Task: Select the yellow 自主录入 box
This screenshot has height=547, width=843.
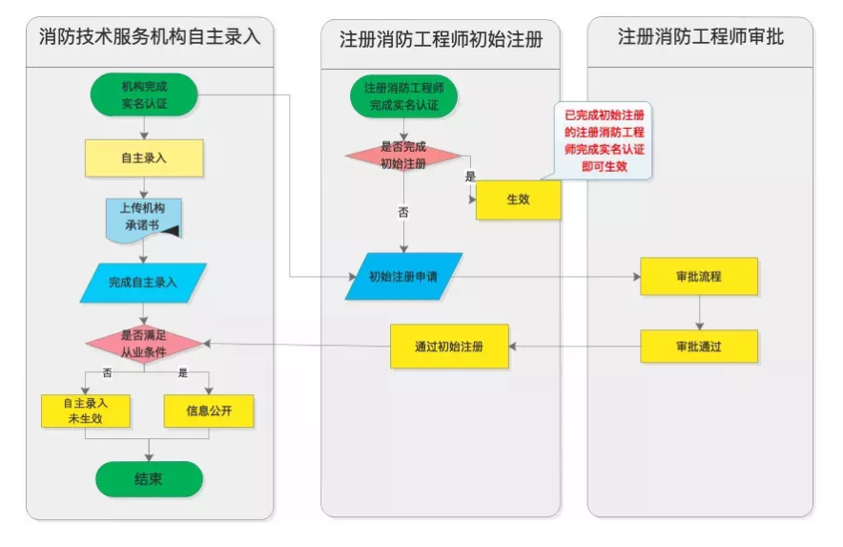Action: (x=144, y=158)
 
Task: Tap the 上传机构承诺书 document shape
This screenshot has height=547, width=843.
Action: (x=143, y=220)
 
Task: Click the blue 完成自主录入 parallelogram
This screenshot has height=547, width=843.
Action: (x=144, y=283)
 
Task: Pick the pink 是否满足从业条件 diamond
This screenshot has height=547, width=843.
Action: (x=144, y=344)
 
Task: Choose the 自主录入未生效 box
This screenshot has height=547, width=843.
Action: (x=86, y=410)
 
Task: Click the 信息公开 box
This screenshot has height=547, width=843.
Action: (x=209, y=410)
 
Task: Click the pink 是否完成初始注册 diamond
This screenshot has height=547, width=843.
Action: (x=403, y=155)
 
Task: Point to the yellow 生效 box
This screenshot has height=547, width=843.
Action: (x=518, y=200)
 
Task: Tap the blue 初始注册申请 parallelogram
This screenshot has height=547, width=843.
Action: (x=403, y=277)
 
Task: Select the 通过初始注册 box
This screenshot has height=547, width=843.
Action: (x=449, y=347)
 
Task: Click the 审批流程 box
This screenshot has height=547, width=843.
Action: (x=699, y=277)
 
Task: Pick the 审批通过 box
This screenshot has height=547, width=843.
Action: (x=699, y=347)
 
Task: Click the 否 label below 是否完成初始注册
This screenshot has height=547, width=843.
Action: (x=402, y=213)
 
